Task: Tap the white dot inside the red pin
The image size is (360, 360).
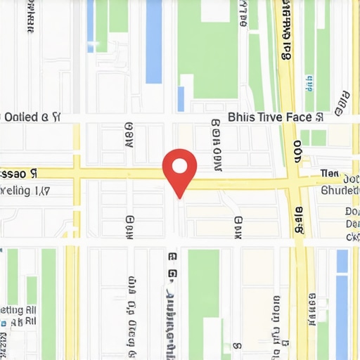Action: point(179,167)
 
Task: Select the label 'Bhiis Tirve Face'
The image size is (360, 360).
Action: point(275,117)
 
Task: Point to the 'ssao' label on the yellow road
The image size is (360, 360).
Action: point(15,173)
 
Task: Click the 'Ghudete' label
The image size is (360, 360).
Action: point(340,190)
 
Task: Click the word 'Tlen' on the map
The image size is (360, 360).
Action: point(329,173)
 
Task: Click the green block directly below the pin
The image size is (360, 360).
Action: point(204,281)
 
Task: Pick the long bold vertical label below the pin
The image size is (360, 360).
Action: point(171,302)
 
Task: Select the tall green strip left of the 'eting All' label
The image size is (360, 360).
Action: point(48,302)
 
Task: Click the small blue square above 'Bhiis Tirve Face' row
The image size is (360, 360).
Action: point(181,98)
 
